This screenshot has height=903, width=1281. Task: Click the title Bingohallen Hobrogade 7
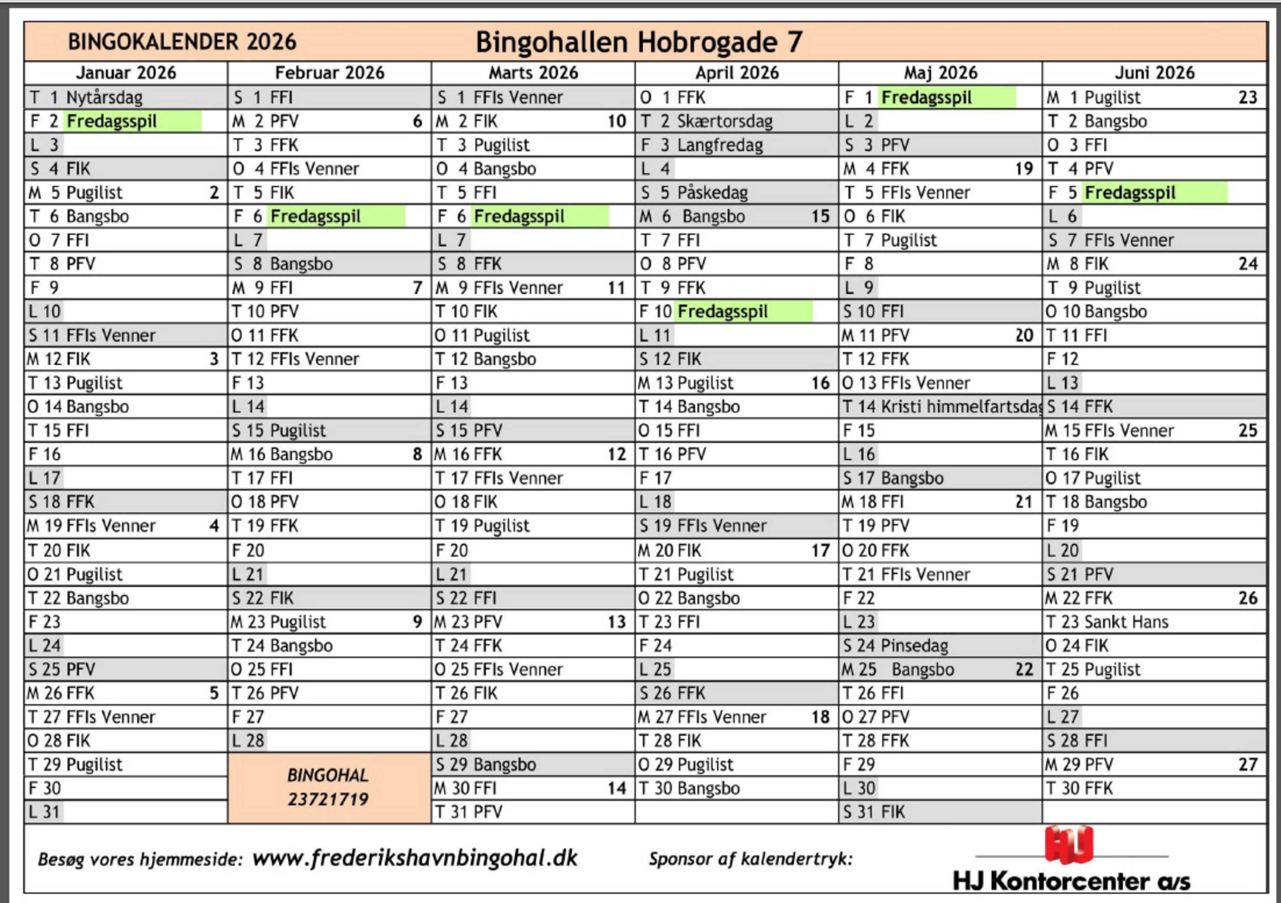click(x=639, y=42)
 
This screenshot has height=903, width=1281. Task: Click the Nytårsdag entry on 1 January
click(x=104, y=98)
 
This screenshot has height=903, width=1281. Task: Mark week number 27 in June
click(x=1247, y=765)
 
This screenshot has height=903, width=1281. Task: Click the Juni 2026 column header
click(x=1155, y=73)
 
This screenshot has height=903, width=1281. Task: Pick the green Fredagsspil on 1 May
click(x=926, y=98)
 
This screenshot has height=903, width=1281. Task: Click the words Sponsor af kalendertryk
click(x=750, y=859)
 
